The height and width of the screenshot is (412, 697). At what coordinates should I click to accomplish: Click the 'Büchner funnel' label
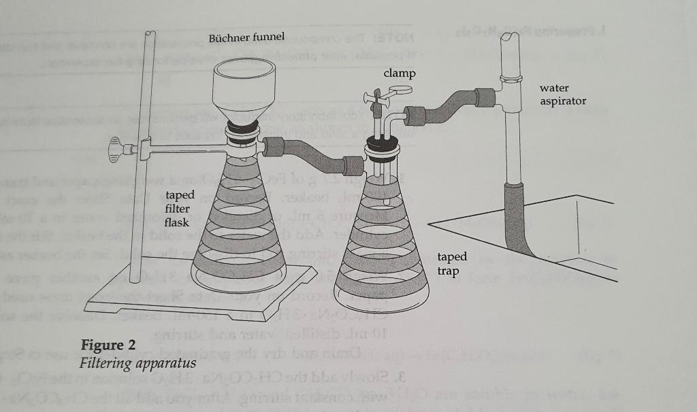[x=246, y=36]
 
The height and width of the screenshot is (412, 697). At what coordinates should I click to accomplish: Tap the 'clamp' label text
[x=400, y=72]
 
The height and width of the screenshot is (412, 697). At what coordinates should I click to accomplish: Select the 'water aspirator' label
[x=562, y=95]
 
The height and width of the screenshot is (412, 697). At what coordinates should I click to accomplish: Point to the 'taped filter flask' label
[x=180, y=209]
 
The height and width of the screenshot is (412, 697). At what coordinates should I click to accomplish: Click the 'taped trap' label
[x=452, y=264]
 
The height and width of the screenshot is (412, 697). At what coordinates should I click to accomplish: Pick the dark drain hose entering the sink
[x=519, y=218]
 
